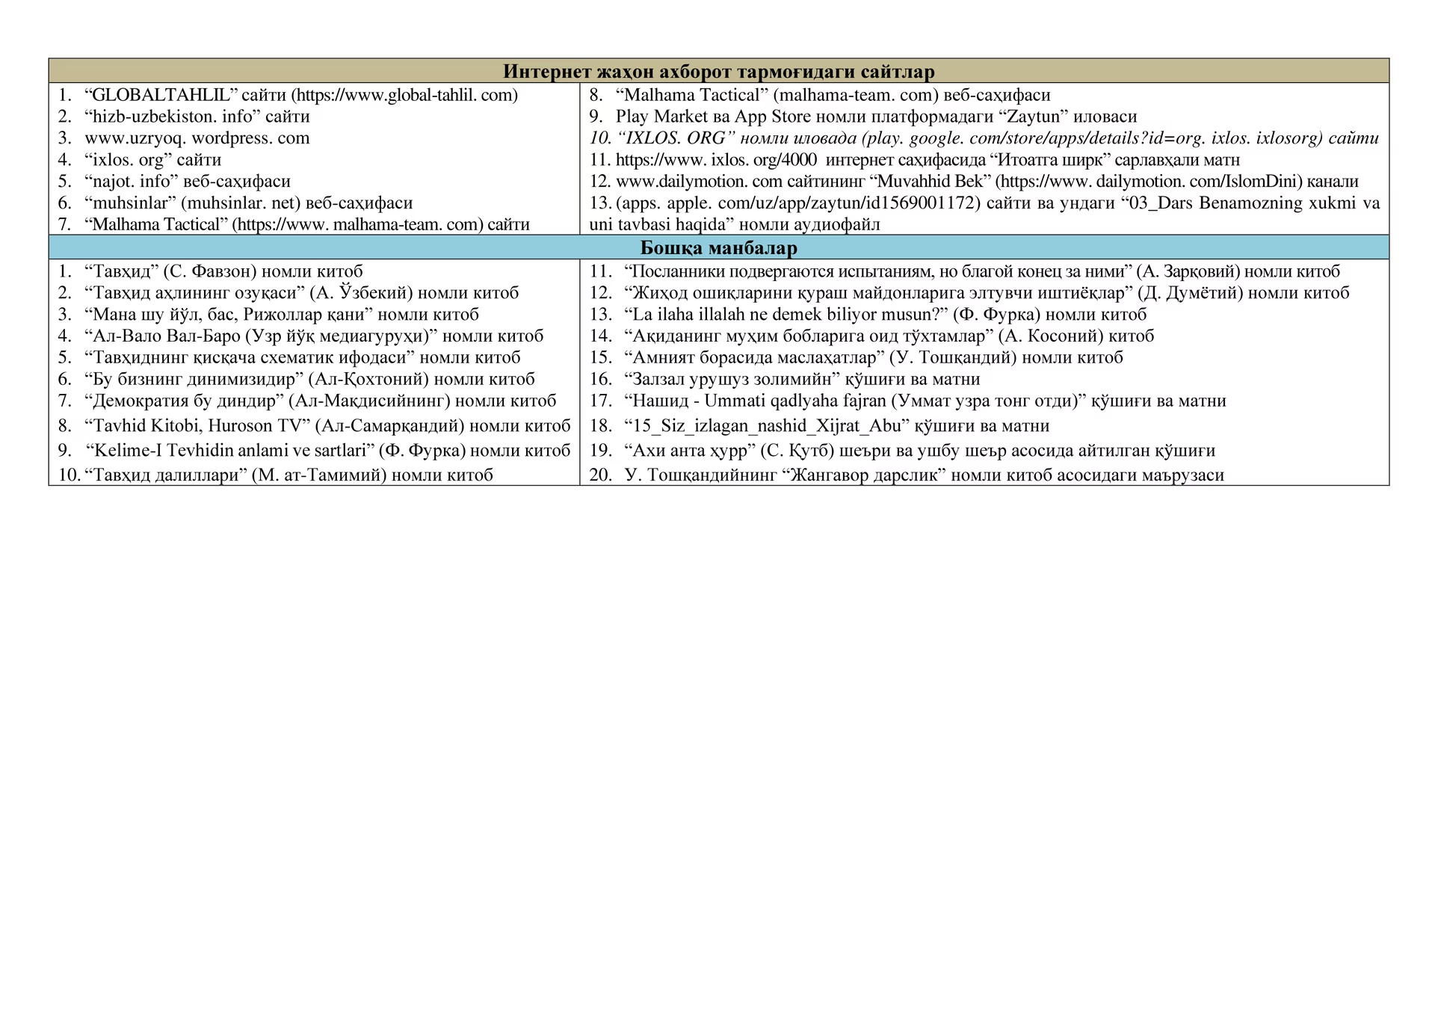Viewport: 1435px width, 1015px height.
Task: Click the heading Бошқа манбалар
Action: tap(718, 247)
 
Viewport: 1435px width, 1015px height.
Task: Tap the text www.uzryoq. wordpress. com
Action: tap(197, 138)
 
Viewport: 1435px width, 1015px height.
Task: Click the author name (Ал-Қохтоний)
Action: tap(368, 380)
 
